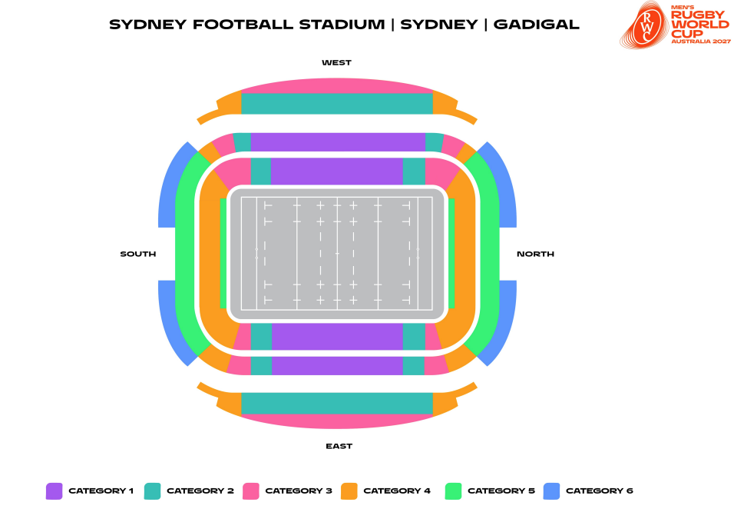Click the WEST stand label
pos(336,62)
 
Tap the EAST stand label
pos(339,446)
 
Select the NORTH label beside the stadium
pos(535,254)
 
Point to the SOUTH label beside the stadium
pos(138,254)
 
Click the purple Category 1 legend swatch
pos(54,491)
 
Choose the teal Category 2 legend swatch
pos(152,491)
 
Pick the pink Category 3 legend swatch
pos(250,491)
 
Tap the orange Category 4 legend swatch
pos(349,491)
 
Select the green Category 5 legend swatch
pos(453,491)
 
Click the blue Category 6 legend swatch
pos(551,491)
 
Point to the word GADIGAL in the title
pos(536,24)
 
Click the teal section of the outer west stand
pos(337,104)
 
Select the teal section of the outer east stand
pos(337,403)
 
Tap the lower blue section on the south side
pos(172,323)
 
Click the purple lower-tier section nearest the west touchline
pos(337,171)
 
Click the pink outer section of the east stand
pos(337,421)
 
